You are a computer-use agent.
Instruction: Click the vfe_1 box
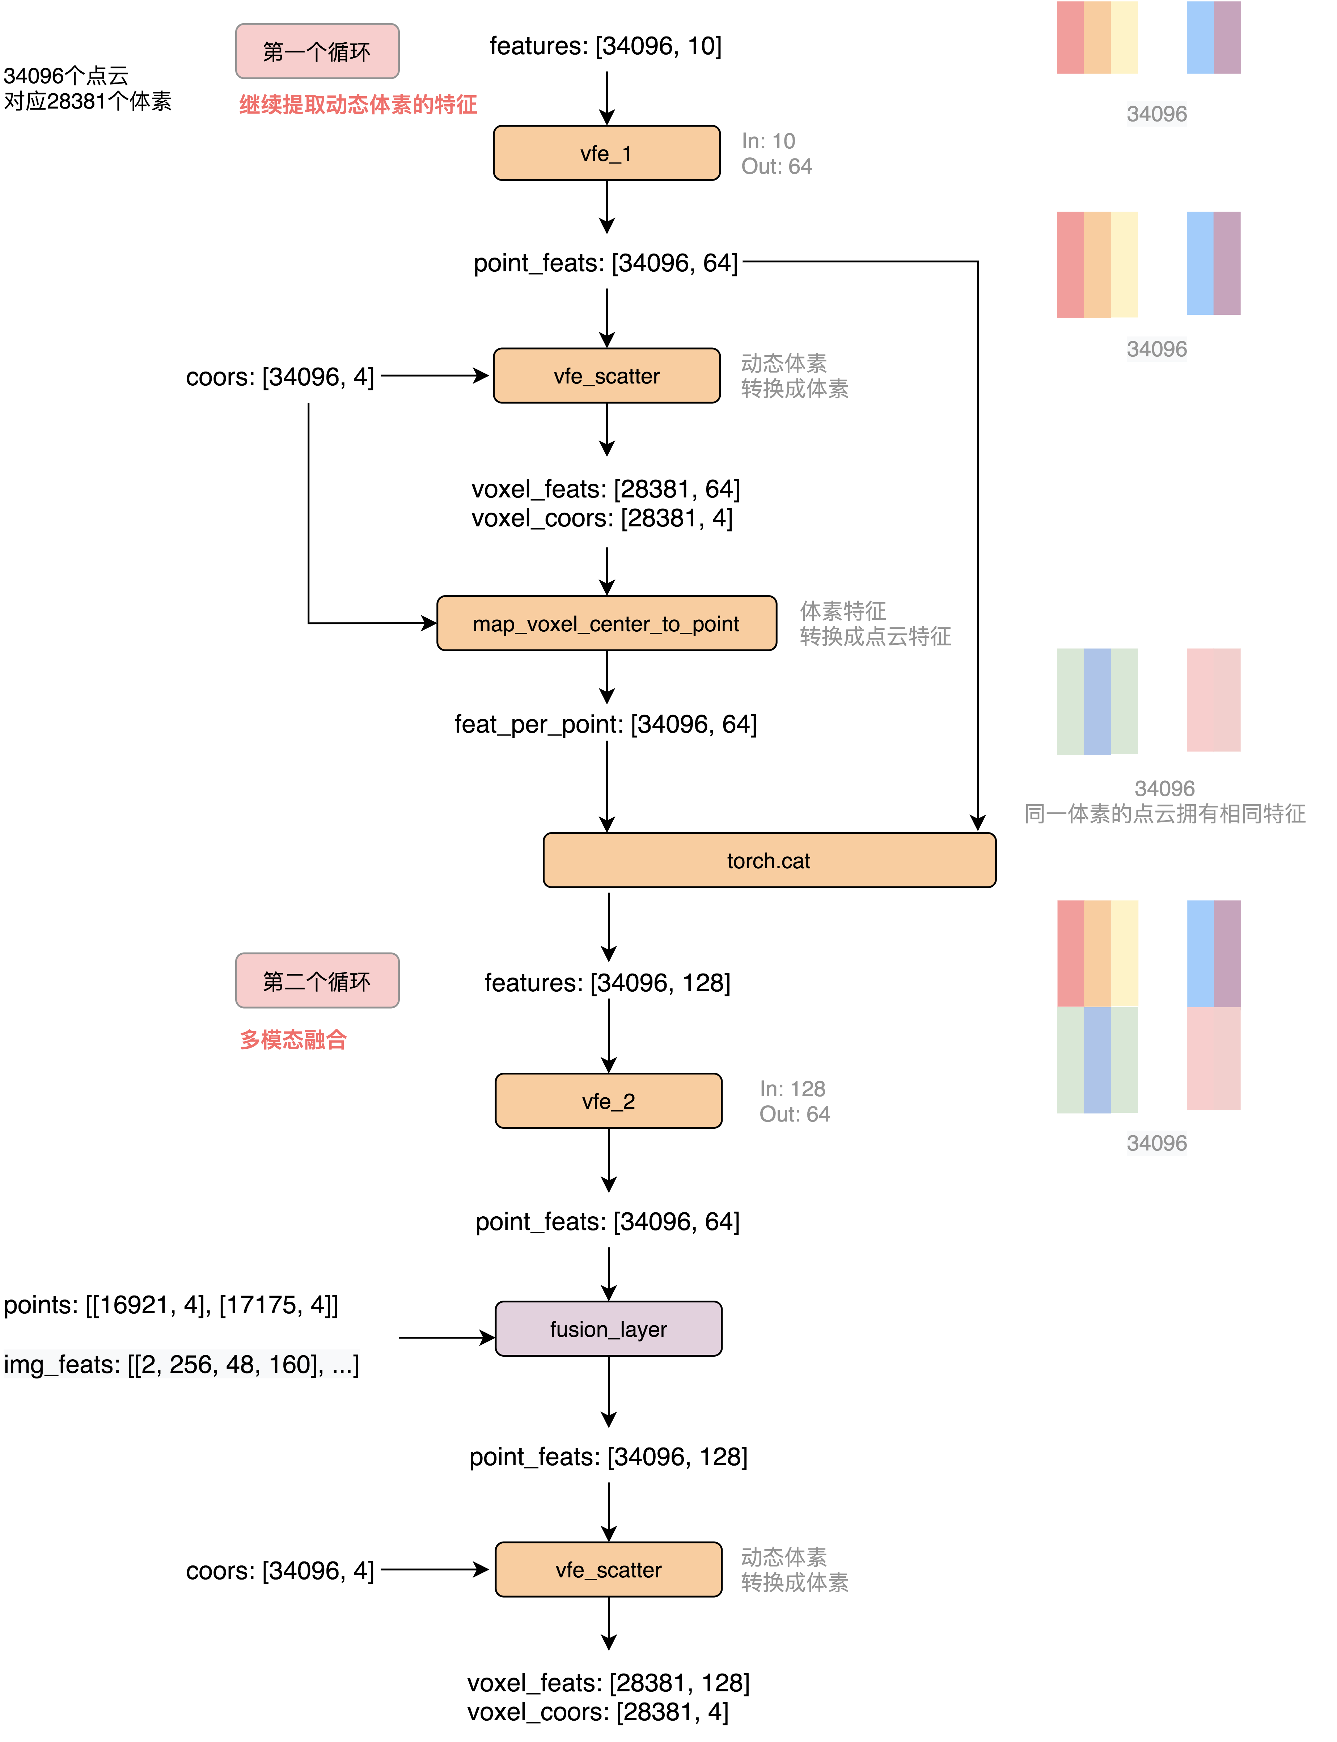606,153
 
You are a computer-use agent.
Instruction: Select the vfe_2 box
608,1101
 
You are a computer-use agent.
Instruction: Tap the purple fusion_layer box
608,1328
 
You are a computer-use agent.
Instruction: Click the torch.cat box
769,860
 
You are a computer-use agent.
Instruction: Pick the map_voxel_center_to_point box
606,623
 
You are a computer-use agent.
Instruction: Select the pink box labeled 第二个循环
317,980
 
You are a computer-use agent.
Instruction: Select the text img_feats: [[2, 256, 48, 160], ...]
181,1364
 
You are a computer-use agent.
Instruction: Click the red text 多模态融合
293,1039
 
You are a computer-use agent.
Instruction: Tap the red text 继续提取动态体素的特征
358,104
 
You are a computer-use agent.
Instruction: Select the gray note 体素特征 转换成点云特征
875,623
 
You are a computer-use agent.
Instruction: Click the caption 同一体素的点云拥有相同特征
1164,813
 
